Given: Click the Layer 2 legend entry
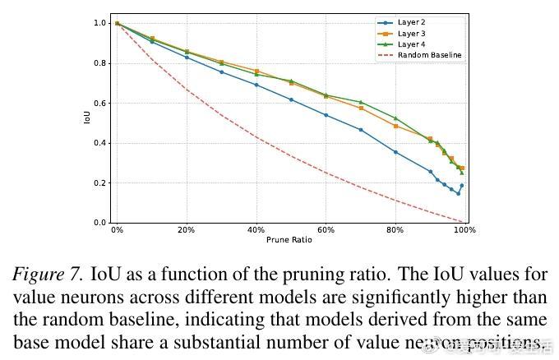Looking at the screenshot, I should coord(410,22).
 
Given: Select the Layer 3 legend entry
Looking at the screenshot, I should coord(410,33).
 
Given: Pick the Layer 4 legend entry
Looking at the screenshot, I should coord(410,44).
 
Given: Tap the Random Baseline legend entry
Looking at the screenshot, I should coord(428,55).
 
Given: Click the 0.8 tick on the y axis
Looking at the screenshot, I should coord(99,63).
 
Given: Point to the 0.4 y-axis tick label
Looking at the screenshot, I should coord(99,143).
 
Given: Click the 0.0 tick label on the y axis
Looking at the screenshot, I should coord(99,223).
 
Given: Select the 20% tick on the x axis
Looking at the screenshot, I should coord(187,231).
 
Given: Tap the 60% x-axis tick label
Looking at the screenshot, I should coord(326,231).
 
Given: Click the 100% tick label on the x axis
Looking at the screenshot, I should coord(464,231).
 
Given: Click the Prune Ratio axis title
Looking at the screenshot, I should coord(289,240).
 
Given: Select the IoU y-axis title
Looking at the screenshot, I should coord(87,118).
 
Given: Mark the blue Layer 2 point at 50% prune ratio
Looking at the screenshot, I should coord(291,99).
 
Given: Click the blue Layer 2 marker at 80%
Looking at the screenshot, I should coord(395,152).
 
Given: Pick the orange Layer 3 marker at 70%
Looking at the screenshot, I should coord(361,108).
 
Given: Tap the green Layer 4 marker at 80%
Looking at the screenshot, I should coord(395,118).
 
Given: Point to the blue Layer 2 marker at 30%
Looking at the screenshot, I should coord(221,72).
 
